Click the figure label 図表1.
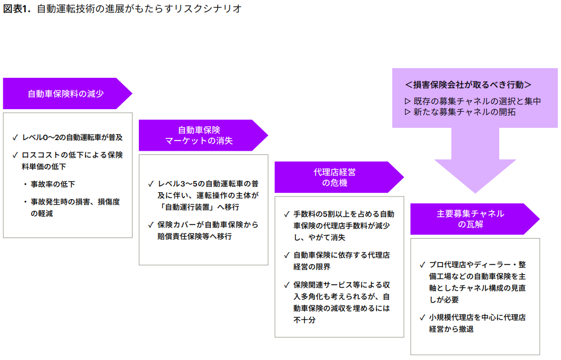click(17, 10)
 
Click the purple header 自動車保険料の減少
click(65, 94)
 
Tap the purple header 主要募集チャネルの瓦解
click(470, 219)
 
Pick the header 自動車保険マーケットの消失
click(199, 135)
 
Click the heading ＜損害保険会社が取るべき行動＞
click(468, 85)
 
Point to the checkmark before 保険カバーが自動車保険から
click(151, 225)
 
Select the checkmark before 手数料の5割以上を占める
click(286, 214)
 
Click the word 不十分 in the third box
click(304, 320)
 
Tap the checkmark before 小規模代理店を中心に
click(422, 318)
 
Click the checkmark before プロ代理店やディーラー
click(422, 265)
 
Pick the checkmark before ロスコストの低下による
click(15, 155)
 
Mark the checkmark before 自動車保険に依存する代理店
click(286, 255)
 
